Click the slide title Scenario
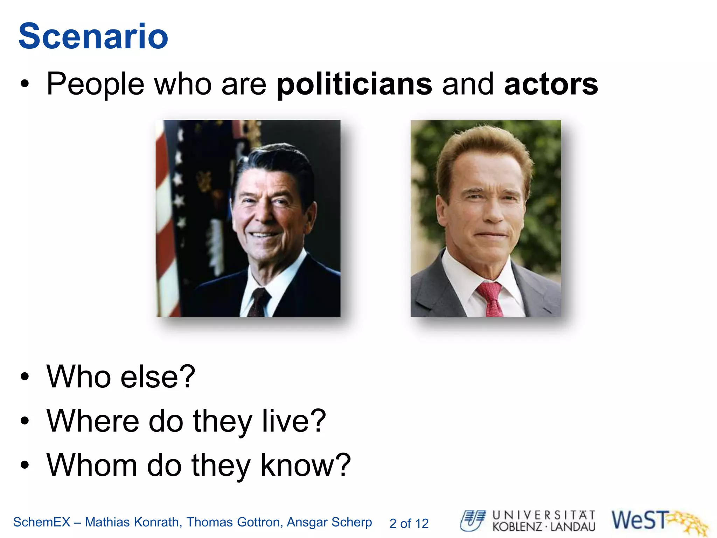point(93,36)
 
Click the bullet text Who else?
point(121,377)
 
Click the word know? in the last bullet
point(306,465)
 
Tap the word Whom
point(92,465)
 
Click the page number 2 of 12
point(409,523)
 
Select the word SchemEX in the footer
point(42,522)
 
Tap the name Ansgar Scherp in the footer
point(329,522)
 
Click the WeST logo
point(658,521)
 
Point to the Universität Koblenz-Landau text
point(544,521)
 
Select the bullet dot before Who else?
point(25,377)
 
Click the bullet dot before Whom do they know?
point(25,465)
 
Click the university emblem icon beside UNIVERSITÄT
point(473,520)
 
